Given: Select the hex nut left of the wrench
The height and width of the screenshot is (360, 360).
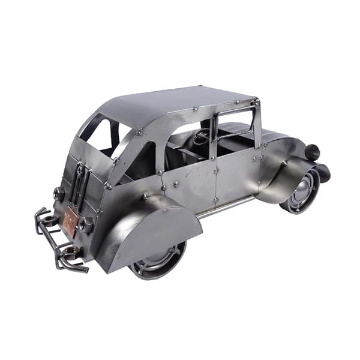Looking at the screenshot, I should (x=59, y=193).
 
